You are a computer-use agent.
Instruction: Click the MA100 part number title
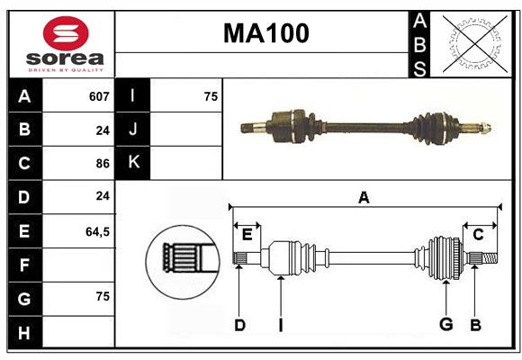pos(265,33)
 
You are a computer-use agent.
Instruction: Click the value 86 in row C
pos(102,164)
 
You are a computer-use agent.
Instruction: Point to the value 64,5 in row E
pos(97,231)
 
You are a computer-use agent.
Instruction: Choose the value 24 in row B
pos(103,130)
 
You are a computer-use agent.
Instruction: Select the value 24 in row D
pos(103,196)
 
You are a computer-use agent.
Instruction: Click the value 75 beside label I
pos(211,96)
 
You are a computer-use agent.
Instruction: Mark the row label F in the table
pos(24,265)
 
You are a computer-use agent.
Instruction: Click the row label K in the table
pos(133,163)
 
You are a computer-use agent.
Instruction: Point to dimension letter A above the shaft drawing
pos(364,197)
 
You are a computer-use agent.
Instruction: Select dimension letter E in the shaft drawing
pos(247,234)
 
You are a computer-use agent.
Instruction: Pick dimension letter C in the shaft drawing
pos(478,234)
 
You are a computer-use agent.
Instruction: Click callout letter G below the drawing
pos(445,324)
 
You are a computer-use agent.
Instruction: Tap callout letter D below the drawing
pos(239,325)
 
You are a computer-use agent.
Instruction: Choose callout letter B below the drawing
pos(475,324)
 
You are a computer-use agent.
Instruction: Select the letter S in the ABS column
pos(419,67)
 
